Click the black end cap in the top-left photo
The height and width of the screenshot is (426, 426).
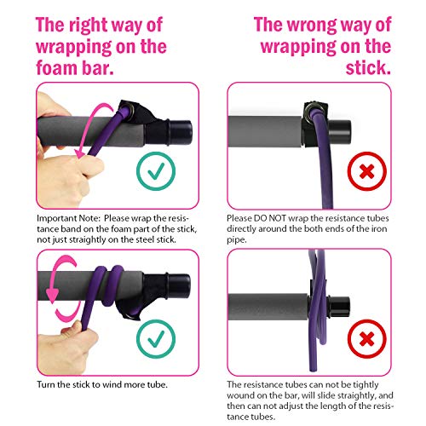click(181, 132)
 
